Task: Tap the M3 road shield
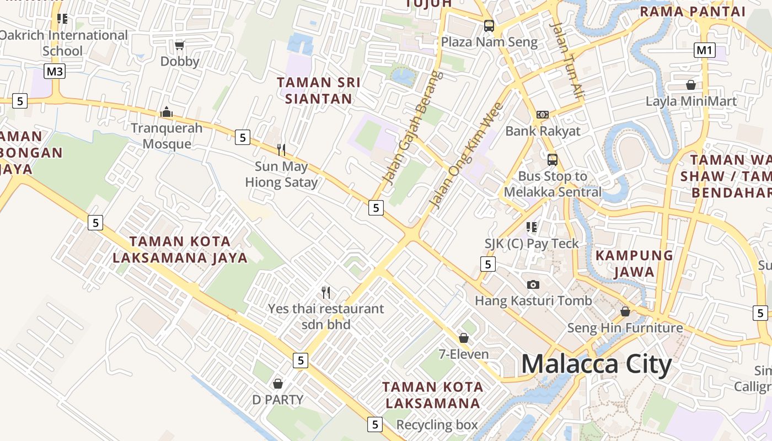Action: (x=55, y=71)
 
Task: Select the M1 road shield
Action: (x=704, y=50)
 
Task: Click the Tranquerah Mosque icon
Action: (x=167, y=112)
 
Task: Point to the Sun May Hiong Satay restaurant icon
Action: (x=281, y=149)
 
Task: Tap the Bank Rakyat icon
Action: (x=543, y=115)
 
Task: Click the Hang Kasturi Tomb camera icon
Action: (x=533, y=284)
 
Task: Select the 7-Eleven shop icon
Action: (x=464, y=338)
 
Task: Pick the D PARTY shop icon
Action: (x=278, y=383)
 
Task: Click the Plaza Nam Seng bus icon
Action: (x=489, y=25)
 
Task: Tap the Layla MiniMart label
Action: (x=691, y=101)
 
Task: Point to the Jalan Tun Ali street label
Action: (x=567, y=61)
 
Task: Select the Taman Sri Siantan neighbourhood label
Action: (x=319, y=90)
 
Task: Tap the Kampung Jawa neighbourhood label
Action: (x=634, y=263)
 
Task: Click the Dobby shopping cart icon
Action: (x=179, y=45)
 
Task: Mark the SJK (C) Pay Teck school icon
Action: (x=532, y=227)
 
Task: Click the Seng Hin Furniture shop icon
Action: (x=625, y=311)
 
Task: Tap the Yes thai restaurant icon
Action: (x=326, y=292)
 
